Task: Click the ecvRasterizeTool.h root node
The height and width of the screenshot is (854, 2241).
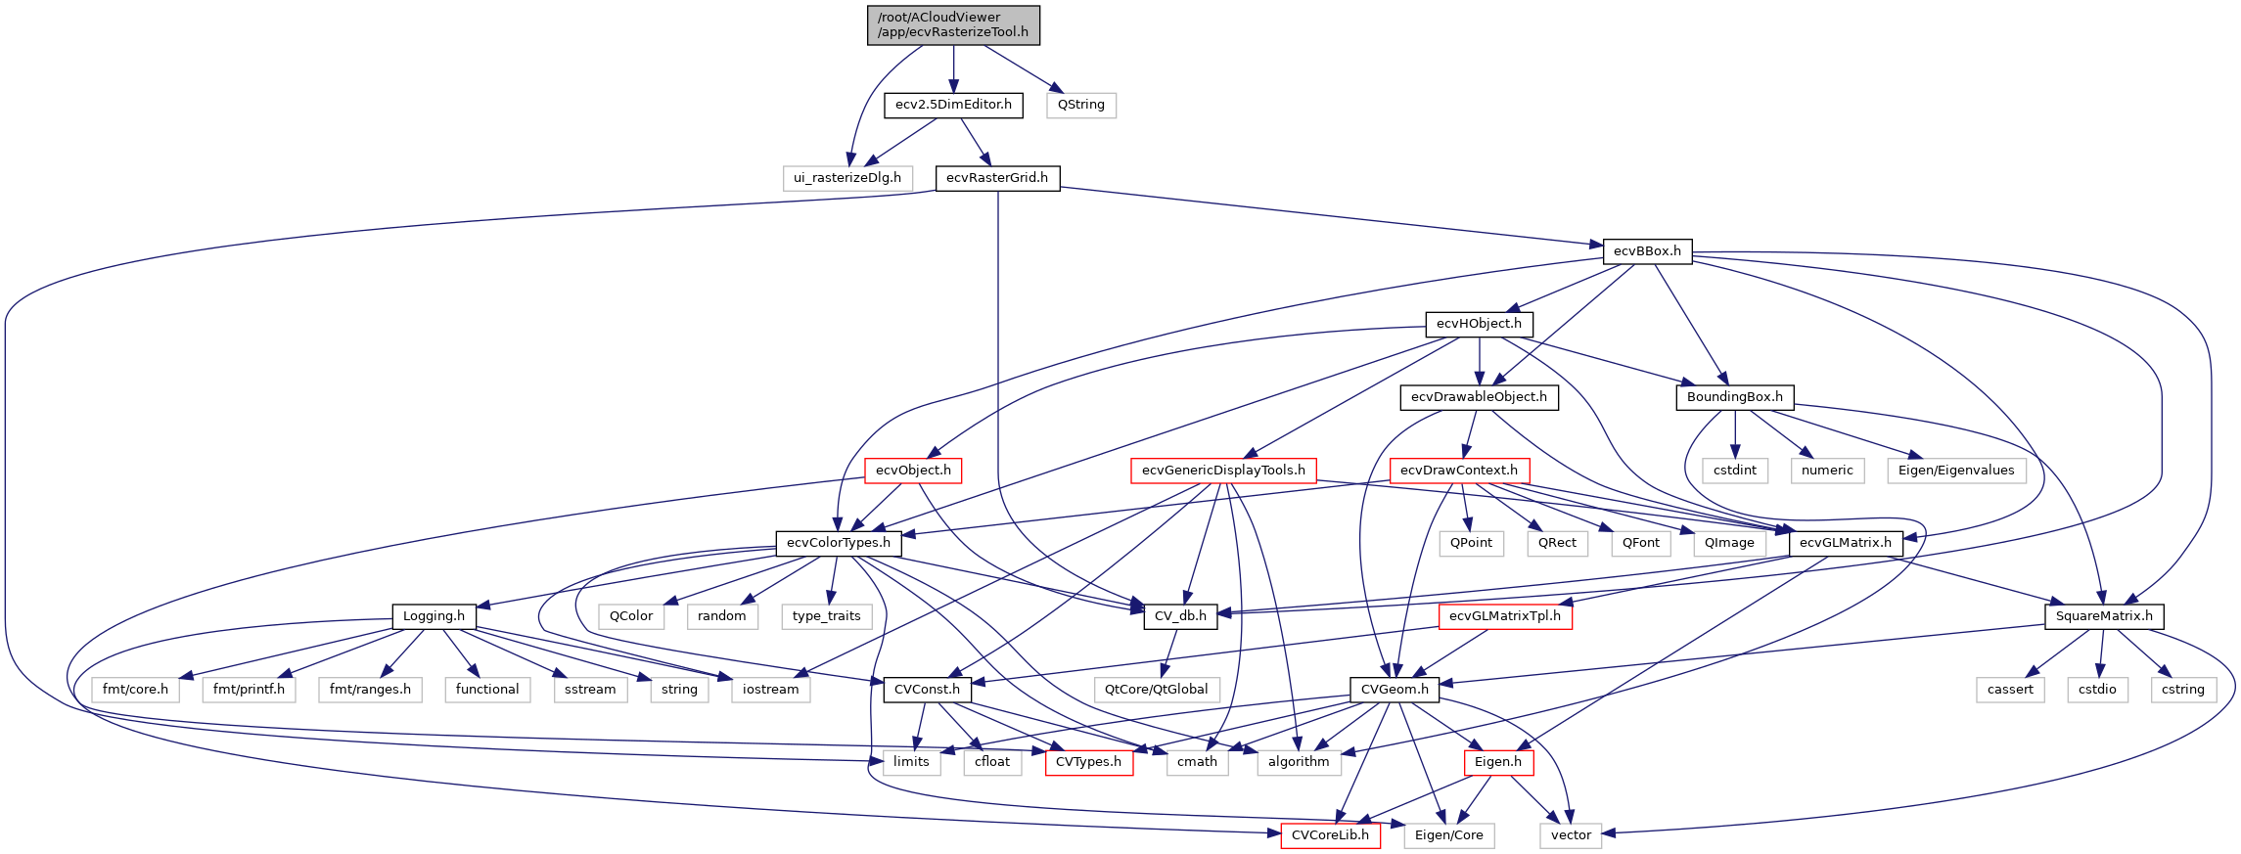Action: (953, 24)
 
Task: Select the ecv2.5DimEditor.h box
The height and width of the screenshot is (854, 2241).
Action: (953, 105)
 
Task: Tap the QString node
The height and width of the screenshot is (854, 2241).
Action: (1080, 105)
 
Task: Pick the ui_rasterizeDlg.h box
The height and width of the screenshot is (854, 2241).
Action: (846, 178)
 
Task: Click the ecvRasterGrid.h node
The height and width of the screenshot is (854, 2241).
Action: (996, 178)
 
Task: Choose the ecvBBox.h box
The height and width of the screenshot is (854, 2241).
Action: (1647, 251)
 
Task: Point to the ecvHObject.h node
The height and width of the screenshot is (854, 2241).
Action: (1478, 324)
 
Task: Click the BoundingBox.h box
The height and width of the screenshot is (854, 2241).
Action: (1734, 397)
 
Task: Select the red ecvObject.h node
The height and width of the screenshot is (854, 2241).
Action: (913, 471)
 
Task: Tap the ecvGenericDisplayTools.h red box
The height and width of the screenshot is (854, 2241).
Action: (1223, 471)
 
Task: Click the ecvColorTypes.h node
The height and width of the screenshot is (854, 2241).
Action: (838, 543)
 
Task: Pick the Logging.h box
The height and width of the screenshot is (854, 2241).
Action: (434, 616)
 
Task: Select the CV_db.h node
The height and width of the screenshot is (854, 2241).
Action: (1179, 616)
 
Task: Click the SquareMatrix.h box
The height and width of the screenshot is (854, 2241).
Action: (2103, 616)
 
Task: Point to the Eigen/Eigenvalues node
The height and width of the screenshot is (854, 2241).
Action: (1955, 471)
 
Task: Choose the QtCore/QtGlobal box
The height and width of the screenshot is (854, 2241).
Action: (1156, 690)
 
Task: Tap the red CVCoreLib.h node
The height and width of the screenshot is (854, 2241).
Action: (1330, 835)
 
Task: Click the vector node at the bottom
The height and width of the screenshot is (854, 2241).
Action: (1570, 835)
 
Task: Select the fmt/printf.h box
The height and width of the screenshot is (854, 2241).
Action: (249, 690)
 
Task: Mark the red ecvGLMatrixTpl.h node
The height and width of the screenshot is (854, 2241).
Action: (1504, 616)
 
